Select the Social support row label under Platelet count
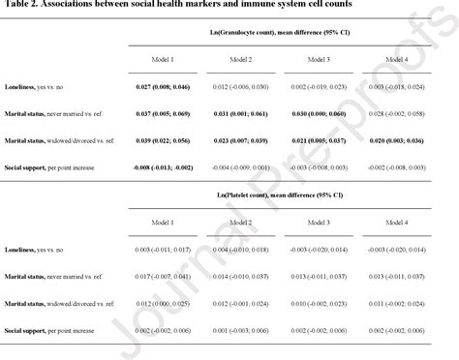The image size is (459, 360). point(47,329)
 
